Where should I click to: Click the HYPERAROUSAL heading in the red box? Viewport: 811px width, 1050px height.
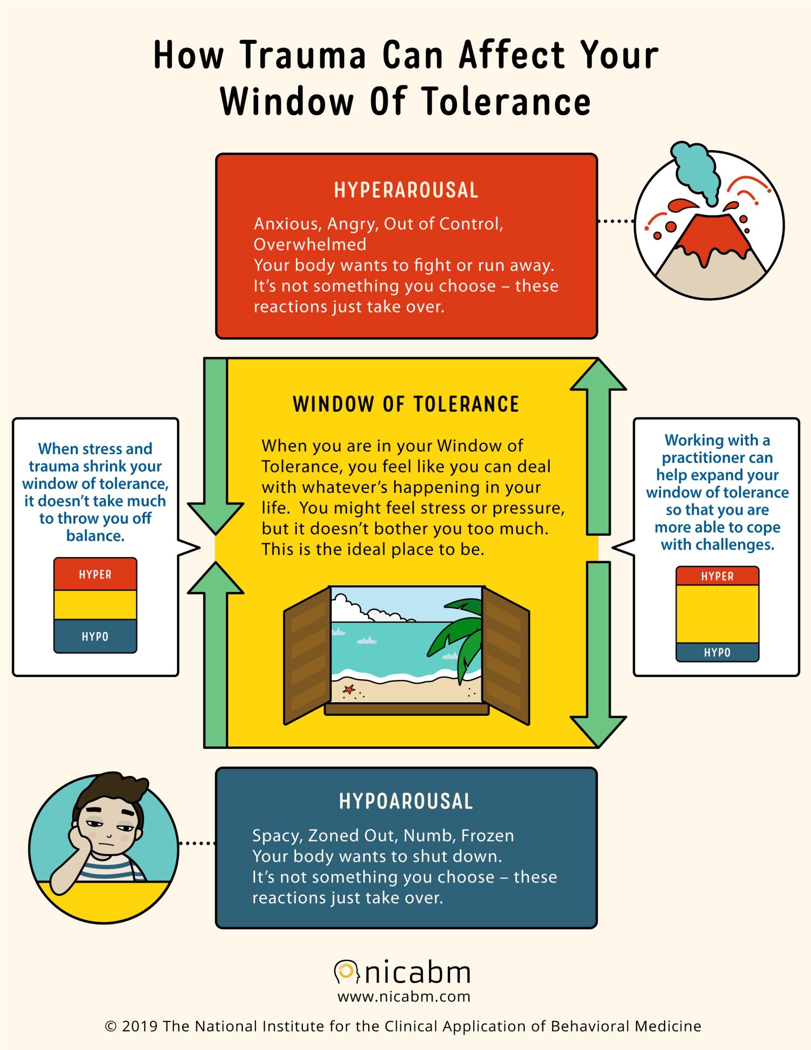point(406,190)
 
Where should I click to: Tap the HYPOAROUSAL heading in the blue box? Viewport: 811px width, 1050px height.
point(406,801)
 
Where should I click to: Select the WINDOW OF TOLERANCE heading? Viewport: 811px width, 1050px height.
point(406,404)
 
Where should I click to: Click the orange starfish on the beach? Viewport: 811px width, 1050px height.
point(349,689)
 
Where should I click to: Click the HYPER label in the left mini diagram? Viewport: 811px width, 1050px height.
point(95,575)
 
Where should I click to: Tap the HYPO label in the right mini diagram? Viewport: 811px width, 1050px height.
point(717,653)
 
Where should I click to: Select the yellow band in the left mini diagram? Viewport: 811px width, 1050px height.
point(95,605)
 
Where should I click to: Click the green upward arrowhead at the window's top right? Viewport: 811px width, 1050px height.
point(599,374)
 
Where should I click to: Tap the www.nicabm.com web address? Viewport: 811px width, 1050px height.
point(404,997)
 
